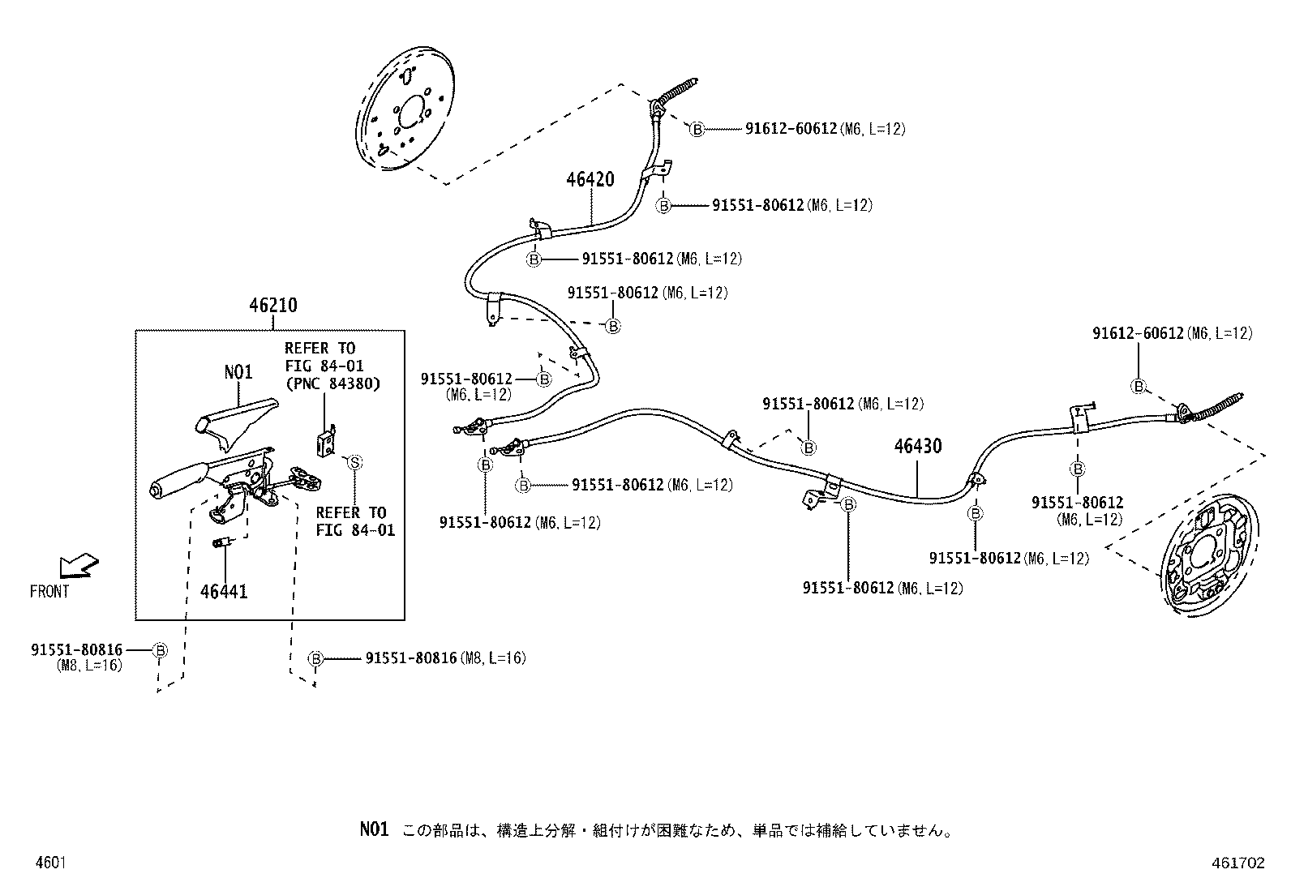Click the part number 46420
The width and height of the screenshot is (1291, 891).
[x=590, y=180]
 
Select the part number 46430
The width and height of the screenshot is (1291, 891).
[x=918, y=447]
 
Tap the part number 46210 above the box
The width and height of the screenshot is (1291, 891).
[x=272, y=306]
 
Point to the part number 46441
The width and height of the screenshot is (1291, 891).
[x=224, y=592]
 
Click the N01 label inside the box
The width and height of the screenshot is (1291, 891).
[x=238, y=372]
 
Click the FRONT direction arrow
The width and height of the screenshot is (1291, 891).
[x=79, y=564]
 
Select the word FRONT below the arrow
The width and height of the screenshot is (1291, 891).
[x=49, y=592]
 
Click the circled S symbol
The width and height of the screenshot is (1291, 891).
[x=354, y=462]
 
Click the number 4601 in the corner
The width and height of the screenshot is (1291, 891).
[x=49, y=863]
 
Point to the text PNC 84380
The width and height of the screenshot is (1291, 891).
[x=332, y=383]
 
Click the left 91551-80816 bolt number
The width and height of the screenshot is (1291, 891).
[x=77, y=649]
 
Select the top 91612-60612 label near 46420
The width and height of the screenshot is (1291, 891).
[x=791, y=129]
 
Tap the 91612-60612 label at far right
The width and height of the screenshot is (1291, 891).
[x=1138, y=333]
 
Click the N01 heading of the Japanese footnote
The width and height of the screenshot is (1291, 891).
[x=374, y=829]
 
